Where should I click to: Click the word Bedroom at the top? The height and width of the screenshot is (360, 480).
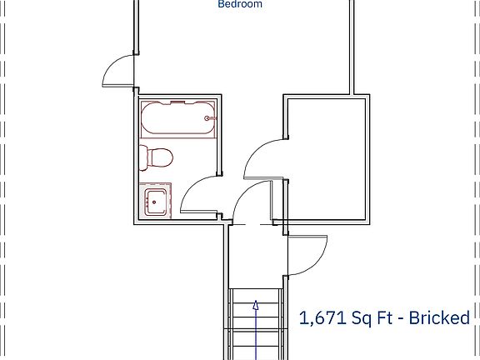click(x=240, y=4)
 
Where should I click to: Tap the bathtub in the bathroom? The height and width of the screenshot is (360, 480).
click(x=177, y=119)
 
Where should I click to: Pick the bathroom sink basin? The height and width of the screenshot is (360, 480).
click(x=155, y=201)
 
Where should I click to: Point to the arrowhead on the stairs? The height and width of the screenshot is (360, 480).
click(x=256, y=305)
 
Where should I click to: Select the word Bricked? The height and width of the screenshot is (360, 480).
click(x=439, y=317)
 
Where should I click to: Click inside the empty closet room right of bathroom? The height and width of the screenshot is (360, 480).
click(x=327, y=158)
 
